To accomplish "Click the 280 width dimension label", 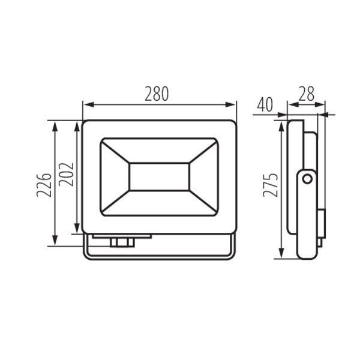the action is (x=157, y=94).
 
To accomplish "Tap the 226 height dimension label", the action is (x=44, y=185).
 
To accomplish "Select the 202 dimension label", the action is (x=66, y=174).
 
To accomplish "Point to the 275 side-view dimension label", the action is (x=271, y=185).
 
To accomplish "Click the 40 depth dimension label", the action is (x=265, y=104).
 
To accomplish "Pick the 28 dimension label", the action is (x=306, y=94).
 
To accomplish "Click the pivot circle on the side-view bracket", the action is (x=307, y=179).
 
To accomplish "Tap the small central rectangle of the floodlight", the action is (x=160, y=177).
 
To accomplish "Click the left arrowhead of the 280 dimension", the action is (x=89, y=104).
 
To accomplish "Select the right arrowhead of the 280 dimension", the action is (x=230, y=104).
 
